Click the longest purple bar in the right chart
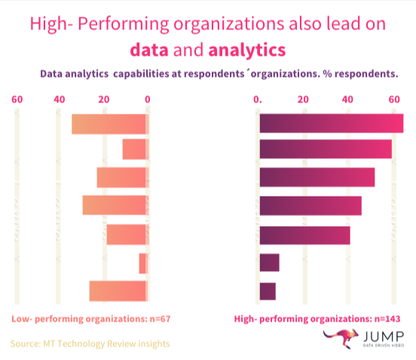[x=331, y=123]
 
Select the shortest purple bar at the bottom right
[x=268, y=291]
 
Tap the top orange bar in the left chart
[x=109, y=124]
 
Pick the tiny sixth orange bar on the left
[x=142, y=264]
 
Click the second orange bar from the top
[x=134, y=149]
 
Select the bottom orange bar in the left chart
[x=118, y=291]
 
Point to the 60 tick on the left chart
[x=17, y=99]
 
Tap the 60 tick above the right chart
[x=393, y=99]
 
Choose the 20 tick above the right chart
[x=303, y=99]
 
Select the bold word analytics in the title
[x=247, y=50]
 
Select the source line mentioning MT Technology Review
[x=90, y=344]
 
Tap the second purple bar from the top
[x=326, y=149]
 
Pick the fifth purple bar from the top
[x=304, y=235]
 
